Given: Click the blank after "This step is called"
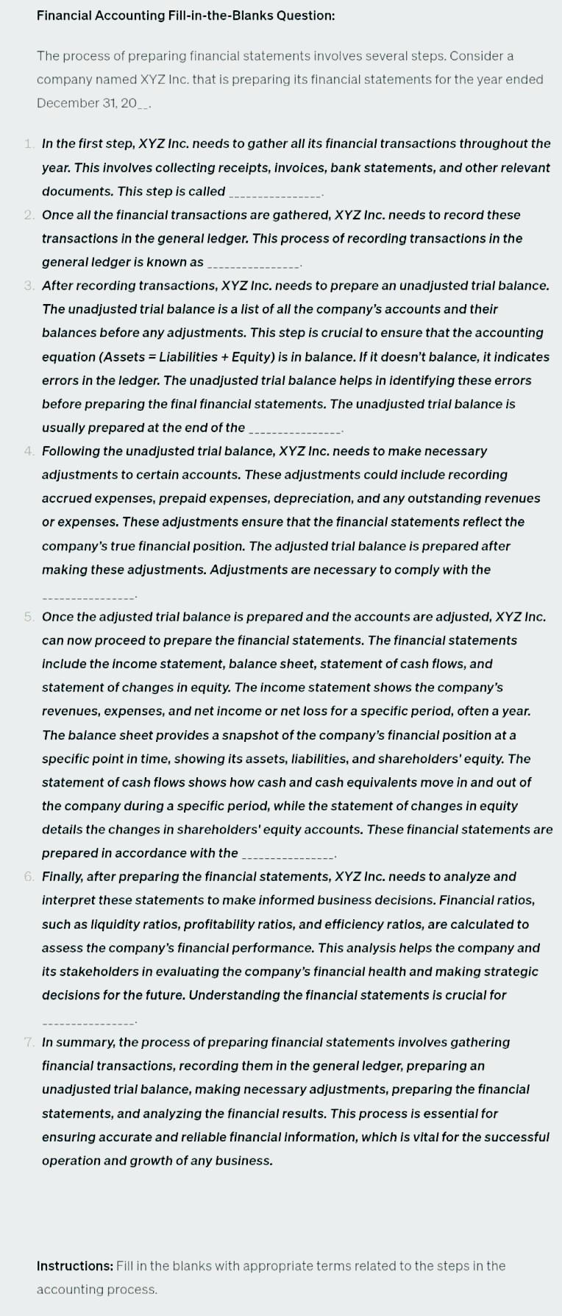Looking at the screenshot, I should coord(276,193).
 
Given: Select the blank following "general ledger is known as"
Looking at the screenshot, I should coord(255,263).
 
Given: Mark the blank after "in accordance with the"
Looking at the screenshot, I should coord(288,855).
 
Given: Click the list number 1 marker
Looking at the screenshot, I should coord(28,144).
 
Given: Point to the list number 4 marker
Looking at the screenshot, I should coord(28,451).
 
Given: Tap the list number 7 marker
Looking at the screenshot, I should coord(28,1042).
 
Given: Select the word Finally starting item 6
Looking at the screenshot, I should coord(63,877).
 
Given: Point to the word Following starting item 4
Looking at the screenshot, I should coord(72,451).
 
